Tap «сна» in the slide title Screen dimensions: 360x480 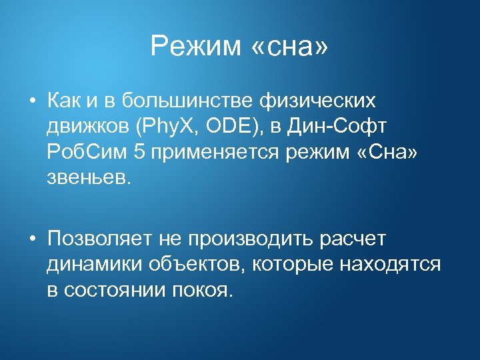coord(290,47)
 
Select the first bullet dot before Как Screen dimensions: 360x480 coord(31,101)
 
